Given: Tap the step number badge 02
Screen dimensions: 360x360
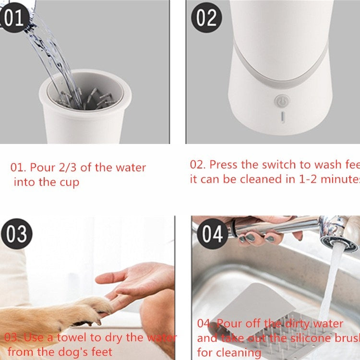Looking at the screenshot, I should tap(206, 18).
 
